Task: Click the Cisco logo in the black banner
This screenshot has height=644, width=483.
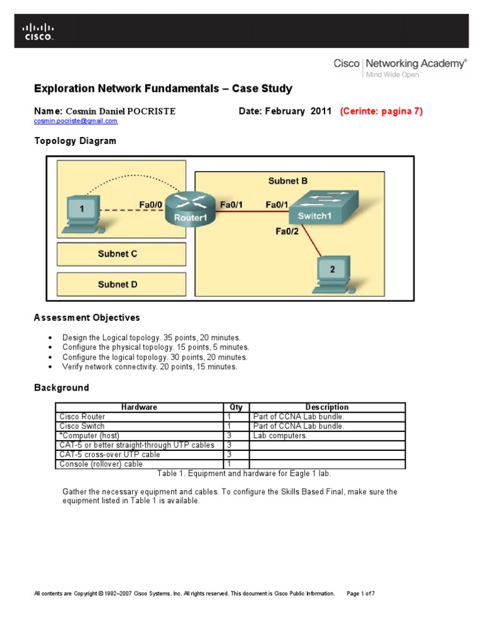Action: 38,31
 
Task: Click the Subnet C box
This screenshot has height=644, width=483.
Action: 121,254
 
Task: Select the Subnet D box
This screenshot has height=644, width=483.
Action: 121,284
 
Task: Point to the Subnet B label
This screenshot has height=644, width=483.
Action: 288,181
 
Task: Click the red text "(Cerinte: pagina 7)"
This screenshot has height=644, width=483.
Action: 381,111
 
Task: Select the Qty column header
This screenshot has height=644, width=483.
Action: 236,408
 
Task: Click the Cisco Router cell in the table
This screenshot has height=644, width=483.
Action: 82,416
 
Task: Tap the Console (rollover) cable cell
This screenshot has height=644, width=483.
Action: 101,464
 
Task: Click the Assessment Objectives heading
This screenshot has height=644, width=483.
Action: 87,318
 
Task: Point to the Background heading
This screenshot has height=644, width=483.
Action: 61,387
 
